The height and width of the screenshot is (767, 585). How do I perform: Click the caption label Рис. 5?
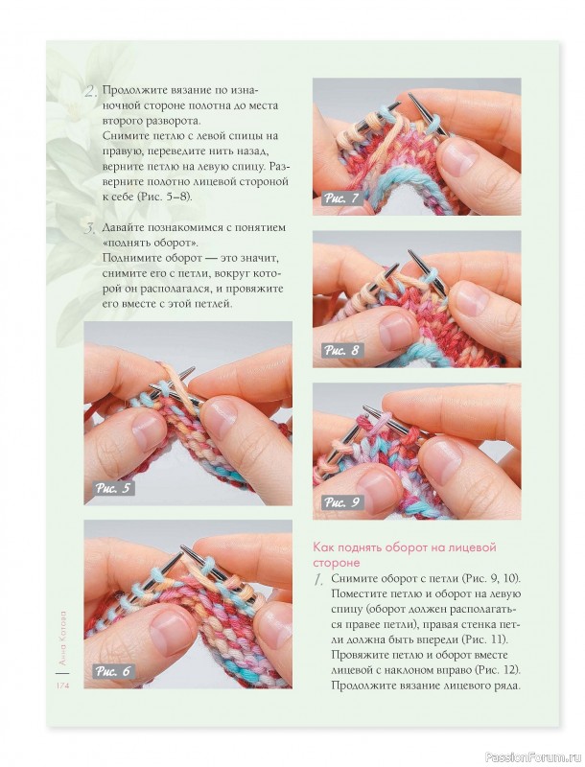(x=113, y=488)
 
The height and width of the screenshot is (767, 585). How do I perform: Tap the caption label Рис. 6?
(x=113, y=670)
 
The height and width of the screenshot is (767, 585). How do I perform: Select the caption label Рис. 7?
(x=341, y=198)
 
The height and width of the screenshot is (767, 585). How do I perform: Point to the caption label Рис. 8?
(x=341, y=350)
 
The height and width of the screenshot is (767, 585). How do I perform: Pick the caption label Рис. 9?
(x=341, y=502)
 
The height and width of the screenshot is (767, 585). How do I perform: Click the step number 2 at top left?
(x=91, y=91)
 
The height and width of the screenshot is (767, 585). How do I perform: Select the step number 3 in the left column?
(x=90, y=228)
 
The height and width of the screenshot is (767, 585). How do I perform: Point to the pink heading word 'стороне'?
(x=337, y=563)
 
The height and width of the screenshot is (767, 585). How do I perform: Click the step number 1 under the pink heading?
(x=318, y=580)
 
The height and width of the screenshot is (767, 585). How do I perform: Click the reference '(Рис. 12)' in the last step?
(x=494, y=669)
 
